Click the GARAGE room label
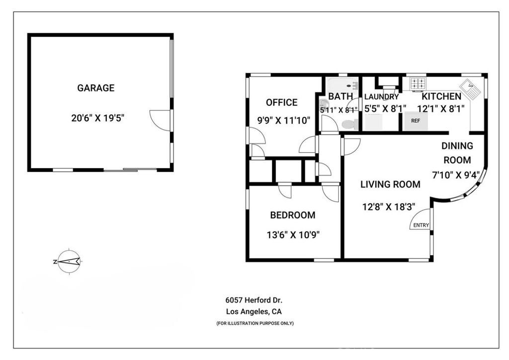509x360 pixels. point(95,89)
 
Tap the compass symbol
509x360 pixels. point(68,261)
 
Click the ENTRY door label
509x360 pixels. point(421,225)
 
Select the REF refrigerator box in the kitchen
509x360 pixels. point(415,121)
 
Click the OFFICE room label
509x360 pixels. point(281,103)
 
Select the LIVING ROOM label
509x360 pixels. point(390,184)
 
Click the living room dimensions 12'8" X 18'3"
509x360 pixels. point(389,205)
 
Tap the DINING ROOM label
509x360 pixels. point(457,153)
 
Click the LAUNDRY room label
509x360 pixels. point(381,97)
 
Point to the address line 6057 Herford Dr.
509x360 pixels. point(254,300)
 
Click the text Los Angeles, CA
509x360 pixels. point(254,312)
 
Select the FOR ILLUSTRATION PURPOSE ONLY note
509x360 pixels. point(254,323)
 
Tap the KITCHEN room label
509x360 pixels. point(441,96)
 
